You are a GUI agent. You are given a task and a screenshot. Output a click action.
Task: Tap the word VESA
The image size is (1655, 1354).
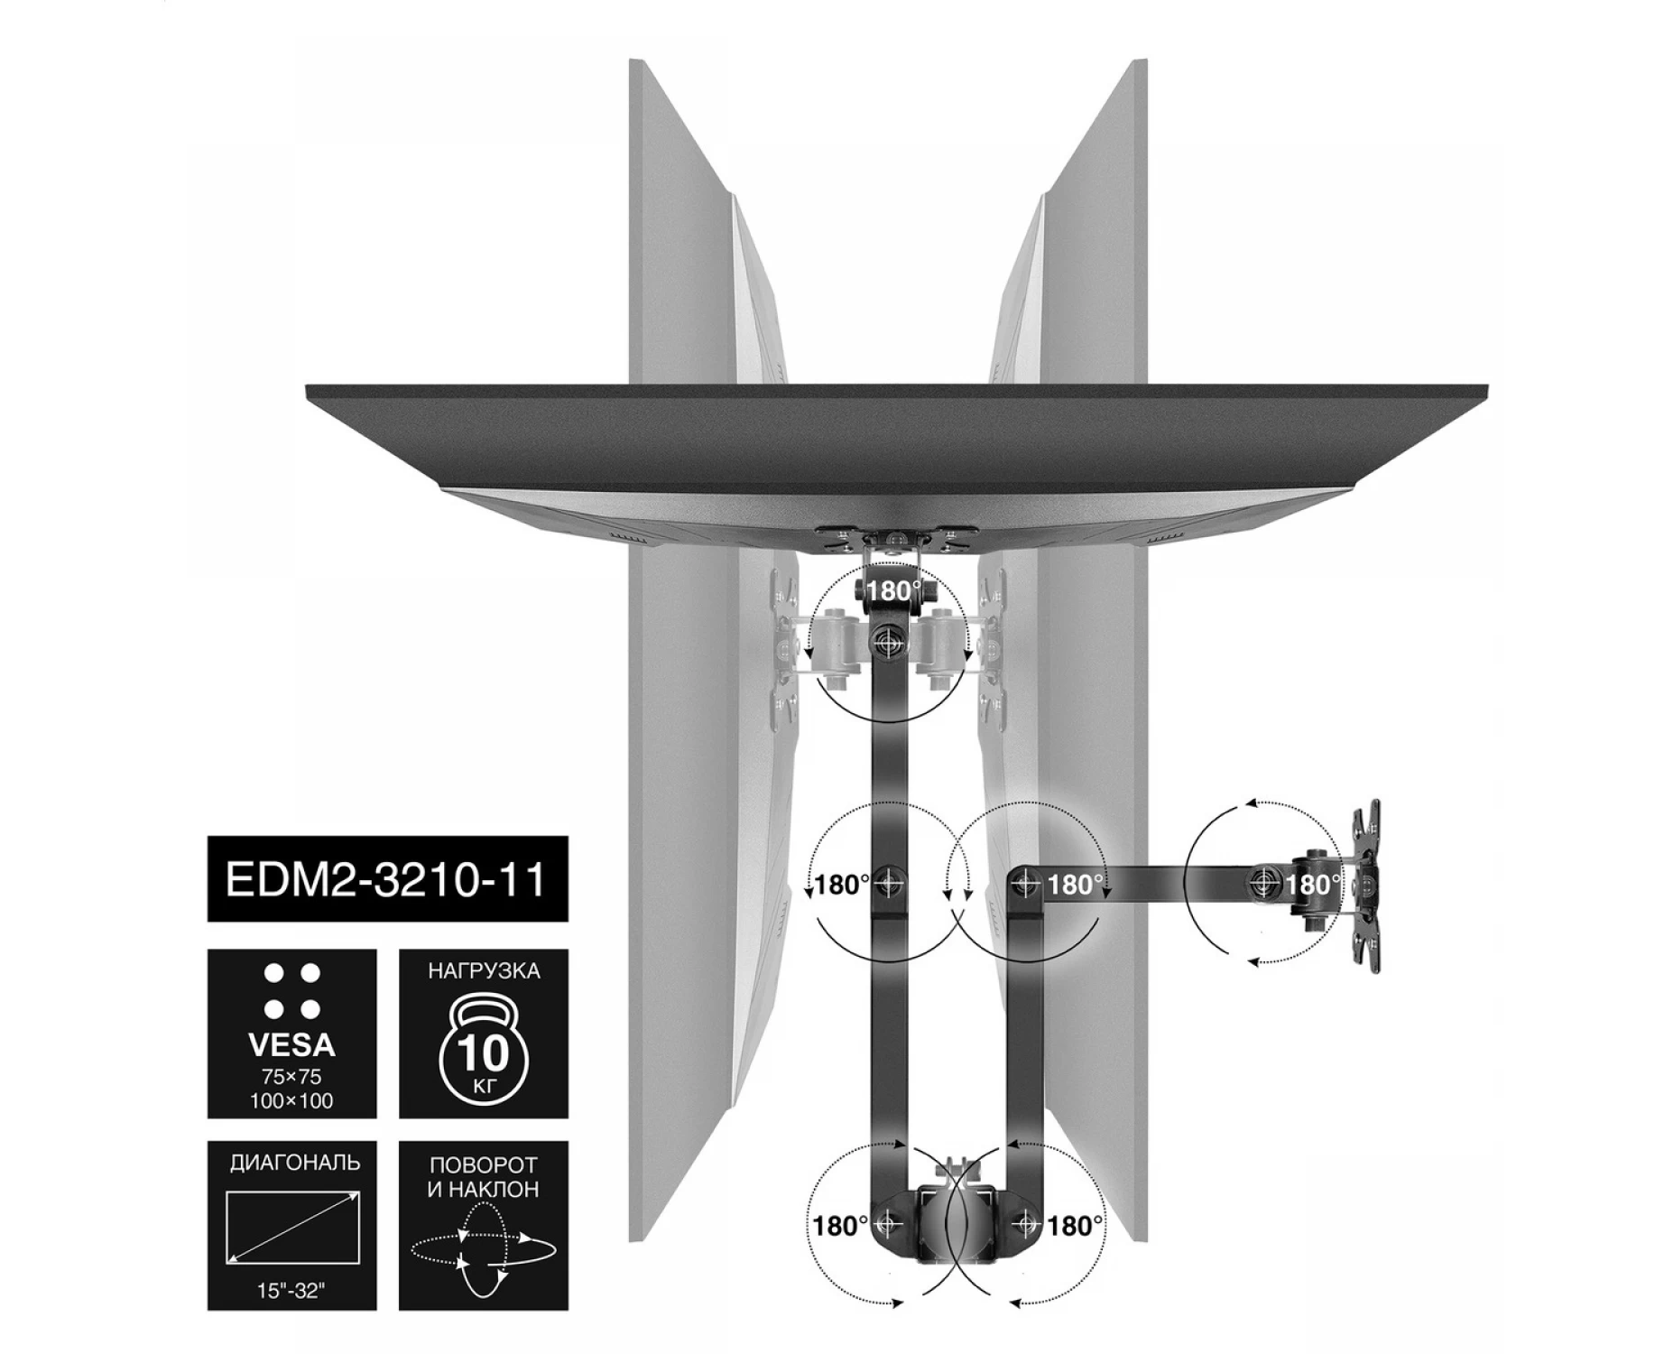pos(291,1046)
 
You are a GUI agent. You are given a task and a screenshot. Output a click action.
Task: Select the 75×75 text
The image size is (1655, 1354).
pos(291,1078)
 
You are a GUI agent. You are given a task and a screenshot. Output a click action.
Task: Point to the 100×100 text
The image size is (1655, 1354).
pos(291,1101)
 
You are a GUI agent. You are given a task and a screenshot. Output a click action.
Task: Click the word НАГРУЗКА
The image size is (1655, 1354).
pos(484,971)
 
